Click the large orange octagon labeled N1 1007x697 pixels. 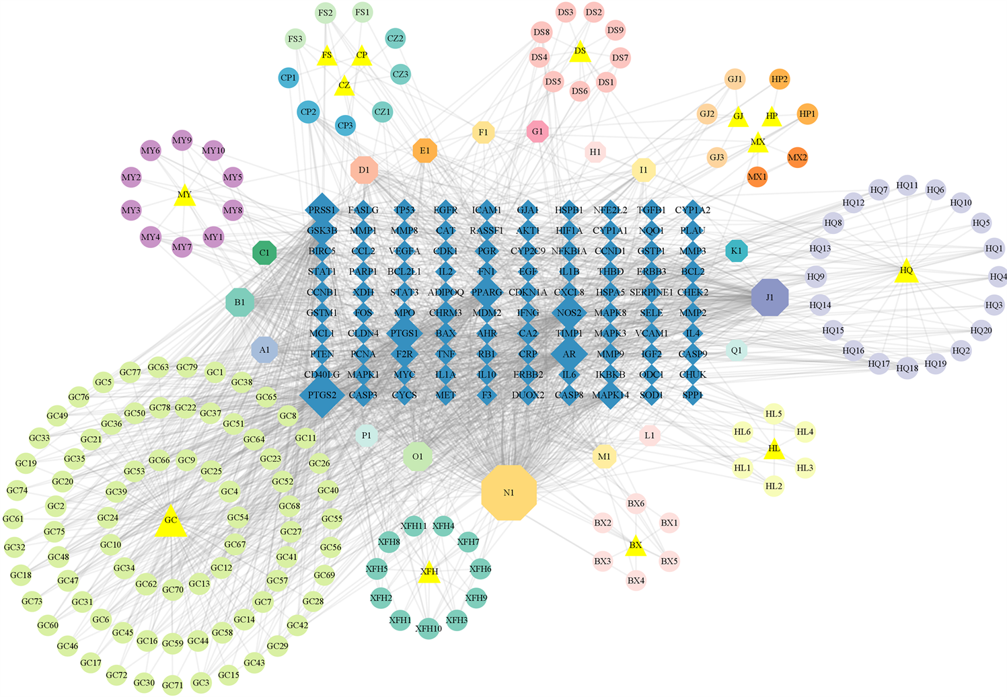pos(509,493)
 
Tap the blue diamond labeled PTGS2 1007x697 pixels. pos(322,395)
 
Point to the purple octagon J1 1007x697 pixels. pos(770,297)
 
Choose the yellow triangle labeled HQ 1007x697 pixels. pos(906,272)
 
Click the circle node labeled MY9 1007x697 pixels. pos(182,140)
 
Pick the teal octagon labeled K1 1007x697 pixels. pos(736,251)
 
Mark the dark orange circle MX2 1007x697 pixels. pos(797,158)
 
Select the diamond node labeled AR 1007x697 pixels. pos(569,354)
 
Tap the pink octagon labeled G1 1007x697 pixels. pos(537,131)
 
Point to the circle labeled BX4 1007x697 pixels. pos(636,580)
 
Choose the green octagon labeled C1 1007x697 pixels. pos(264,253)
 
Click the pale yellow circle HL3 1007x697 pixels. pos(805,468)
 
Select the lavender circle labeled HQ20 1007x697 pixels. pos(981,330)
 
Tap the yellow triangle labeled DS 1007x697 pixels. pos(580,52)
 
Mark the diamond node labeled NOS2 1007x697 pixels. pos(569,313)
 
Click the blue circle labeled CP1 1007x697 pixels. pos(288,78)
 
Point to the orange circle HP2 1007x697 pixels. pos(779,79)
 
